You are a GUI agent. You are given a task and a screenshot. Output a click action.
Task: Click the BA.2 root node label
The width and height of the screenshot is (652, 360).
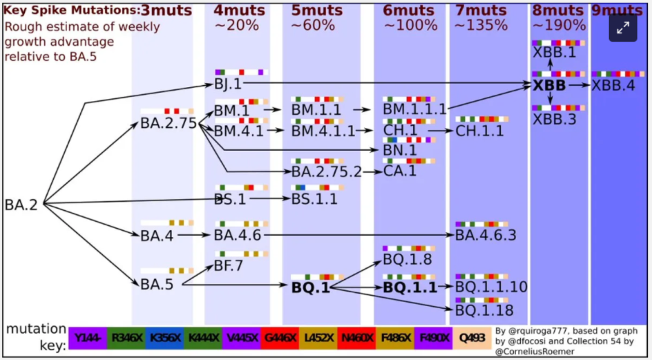coord(21,205)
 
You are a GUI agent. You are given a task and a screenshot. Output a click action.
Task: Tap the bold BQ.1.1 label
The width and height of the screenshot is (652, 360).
coord(410,288)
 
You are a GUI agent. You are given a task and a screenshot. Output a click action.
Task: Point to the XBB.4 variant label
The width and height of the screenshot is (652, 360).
coord(613,86)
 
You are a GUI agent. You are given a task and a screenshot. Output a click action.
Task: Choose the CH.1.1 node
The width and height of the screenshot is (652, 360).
coord(479,130)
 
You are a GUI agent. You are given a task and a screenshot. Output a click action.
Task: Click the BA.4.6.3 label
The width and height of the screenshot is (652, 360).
coord(486,235)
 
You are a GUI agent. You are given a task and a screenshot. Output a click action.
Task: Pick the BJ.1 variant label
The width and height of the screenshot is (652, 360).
coord(228,85)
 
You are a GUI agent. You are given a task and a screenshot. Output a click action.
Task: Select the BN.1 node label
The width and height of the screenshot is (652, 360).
coord(400,149)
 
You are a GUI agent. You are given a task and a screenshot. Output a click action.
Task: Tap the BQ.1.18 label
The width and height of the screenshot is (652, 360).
coord(484,310)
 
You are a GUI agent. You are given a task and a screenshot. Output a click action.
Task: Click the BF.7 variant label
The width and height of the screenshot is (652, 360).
coord(228,265)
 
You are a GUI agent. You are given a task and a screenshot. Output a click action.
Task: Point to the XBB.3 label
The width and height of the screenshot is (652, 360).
coord(554,119)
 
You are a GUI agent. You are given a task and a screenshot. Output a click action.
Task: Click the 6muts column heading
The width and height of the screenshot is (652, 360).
coord(409,10)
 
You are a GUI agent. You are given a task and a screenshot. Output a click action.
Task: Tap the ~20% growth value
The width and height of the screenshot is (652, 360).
coord(236,25)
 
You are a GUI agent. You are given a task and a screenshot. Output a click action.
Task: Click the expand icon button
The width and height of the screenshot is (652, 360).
coord(622,27)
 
